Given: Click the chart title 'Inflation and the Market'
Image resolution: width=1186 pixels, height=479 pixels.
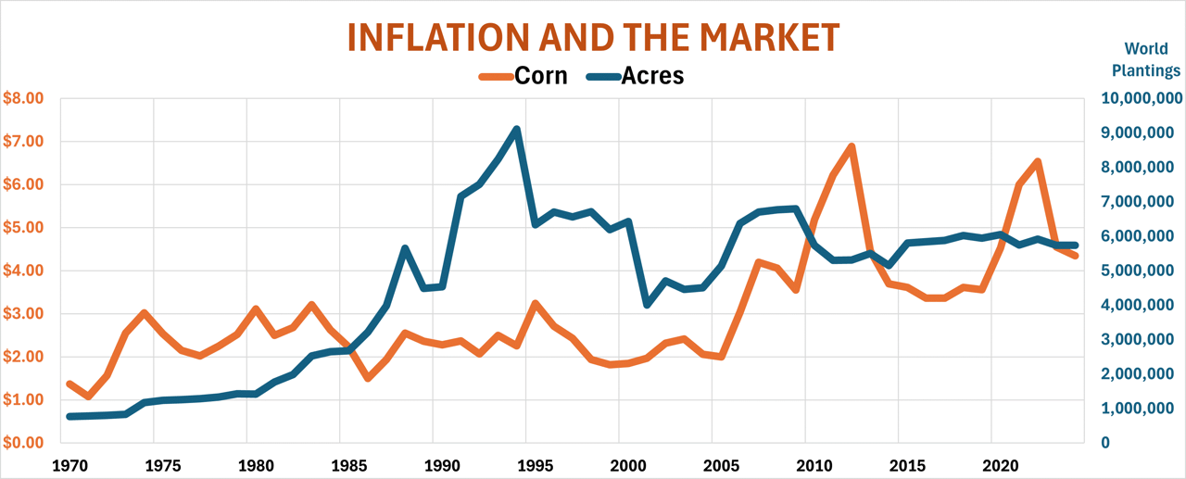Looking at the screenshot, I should coord(593,37).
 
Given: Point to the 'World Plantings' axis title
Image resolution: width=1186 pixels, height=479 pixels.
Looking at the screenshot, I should coord(1146,59).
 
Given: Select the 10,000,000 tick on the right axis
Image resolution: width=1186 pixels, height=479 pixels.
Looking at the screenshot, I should coord(1140,99).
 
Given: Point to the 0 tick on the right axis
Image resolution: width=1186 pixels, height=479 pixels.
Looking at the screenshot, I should coord(1105,443).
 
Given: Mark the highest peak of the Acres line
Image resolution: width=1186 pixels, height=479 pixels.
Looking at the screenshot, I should coord(516,130).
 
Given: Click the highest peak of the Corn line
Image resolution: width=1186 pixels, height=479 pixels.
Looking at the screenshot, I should coord(851,146).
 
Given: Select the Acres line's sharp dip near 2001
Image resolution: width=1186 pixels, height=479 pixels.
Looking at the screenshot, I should coord(647,304).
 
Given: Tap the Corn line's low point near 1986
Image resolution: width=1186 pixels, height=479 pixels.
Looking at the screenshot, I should coord(368,378).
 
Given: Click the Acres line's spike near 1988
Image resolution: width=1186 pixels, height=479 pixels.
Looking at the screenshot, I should coord(405,248).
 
